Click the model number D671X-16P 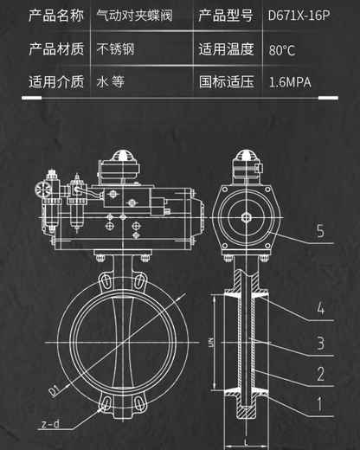298,15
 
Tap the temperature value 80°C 282,49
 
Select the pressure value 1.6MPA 290,83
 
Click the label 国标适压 228,83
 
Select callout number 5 320,231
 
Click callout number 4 320,307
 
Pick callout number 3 320,344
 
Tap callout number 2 320,374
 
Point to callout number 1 320,402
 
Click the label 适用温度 228,49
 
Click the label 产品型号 228,15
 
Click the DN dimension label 211,347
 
